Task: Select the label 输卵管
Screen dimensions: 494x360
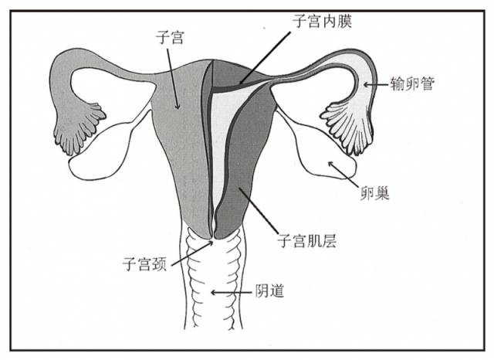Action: point(413,84)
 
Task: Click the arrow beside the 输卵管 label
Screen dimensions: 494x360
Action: point(377,83)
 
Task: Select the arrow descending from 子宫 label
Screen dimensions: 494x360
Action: point(174,77)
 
